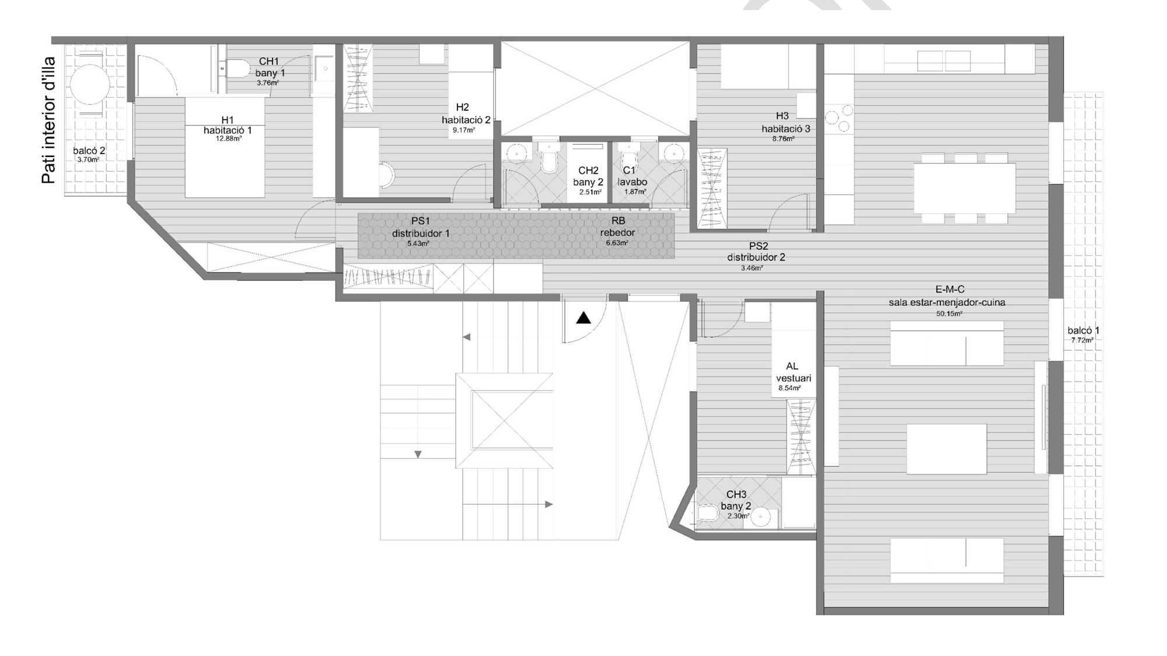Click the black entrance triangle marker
pyautogui.click(x=583, y=318)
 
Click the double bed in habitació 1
pyautogui.click(x=225, y=147)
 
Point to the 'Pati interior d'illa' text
pyautogui.click(x=49, y=120)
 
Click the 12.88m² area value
pyautogui.click(x=229, y=139)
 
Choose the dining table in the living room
pyautogui.click(x=965, y=188)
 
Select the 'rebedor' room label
pyautogui.click(x=617, y=232)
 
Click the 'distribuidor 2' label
pyautogui.click(x=756, y=257)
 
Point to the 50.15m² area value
pyautogui.click(x=949, y=314)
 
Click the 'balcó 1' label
pyautogui.click(x=1084, y=330)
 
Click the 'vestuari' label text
pyautogui.click(x=794, y=378)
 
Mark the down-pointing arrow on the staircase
pyautogui.click(x=418, y=454)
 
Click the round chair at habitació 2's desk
pyautogui.click(x=386, y=175)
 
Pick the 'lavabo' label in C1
pyautogui.click(x=633, y=182)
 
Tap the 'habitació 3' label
pyautogui.click(x=786, y=129)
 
